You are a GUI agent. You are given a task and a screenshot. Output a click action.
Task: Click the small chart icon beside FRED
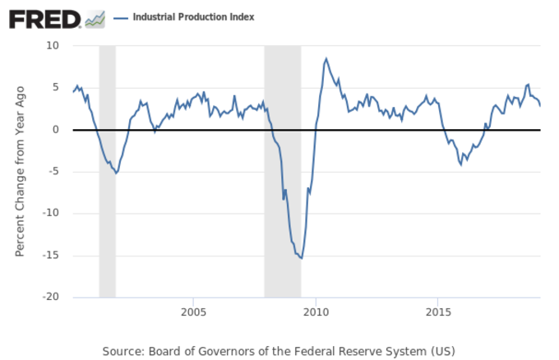(x=95, y=18)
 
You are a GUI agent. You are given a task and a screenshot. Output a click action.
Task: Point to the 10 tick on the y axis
(x=53, y=45)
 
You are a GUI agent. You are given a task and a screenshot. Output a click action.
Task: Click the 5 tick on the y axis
(x=57, y=87)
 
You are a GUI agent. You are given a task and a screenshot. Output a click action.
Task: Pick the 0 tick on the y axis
(x=57, y=129)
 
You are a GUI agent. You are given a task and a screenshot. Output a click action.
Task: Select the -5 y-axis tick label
(x=54, y=171)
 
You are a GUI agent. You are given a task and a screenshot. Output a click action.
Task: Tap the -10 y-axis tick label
(x=52, y=213)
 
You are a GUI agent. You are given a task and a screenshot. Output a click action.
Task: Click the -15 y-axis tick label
(x=52, y=255)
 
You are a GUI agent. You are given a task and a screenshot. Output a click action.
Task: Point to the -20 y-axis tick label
(x=52, y=297)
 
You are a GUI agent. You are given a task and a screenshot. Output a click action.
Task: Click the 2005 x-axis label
(x=192, y=312)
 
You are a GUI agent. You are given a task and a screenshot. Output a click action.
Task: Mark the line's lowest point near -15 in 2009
(x=302, y=259)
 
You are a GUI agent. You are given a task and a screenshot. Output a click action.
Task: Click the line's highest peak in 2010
(x=326, y=58)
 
